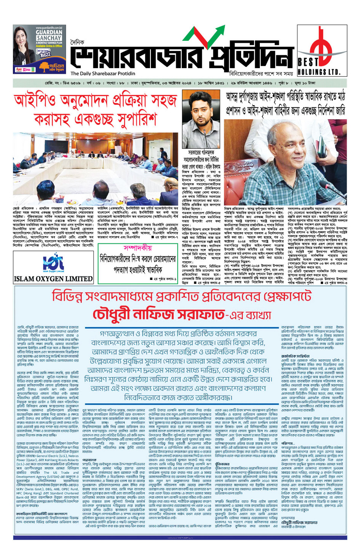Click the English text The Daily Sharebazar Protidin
point(102,74)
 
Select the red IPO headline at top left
point(95,110)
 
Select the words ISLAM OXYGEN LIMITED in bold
point(53,279)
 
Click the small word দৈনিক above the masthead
point(77,43)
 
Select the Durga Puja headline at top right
point(285,104)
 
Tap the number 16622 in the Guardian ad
point(45,55)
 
